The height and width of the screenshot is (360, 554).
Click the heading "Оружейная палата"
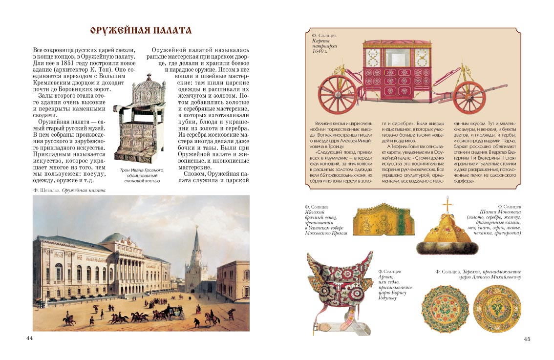[x=141, y=31]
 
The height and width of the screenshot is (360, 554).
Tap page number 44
[x=29, y=339]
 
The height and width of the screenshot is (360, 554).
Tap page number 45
[x=526, y=339]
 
